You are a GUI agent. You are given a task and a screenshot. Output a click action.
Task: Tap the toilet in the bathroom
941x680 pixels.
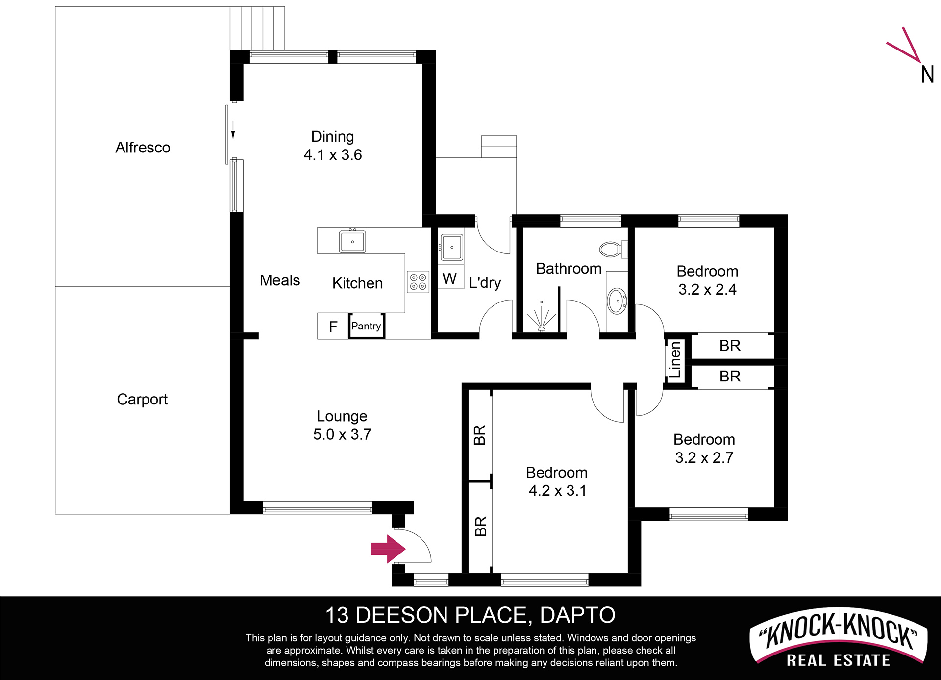coord(613,249)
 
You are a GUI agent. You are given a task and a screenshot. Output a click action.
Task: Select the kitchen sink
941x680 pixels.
coord(352,241)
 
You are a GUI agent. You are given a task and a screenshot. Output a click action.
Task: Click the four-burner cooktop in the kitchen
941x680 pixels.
coord(418,282)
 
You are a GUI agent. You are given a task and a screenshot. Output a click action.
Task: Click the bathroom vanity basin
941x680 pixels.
coord(617,301)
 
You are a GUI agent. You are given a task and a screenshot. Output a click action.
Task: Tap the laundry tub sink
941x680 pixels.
coord(451,247)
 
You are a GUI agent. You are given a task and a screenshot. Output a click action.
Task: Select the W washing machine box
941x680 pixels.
coord(450,278)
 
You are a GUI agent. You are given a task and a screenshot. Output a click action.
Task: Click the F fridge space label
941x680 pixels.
coord(333,327)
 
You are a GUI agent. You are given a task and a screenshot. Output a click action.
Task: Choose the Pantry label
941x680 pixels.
coord(366,326)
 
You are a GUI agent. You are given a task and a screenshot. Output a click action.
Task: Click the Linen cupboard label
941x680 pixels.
coord(675,360)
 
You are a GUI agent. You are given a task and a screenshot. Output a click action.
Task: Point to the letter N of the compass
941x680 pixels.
coord(927,75)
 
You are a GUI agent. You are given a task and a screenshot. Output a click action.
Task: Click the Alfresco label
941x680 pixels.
coord(143,148)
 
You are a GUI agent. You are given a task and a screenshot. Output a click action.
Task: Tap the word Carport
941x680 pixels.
coord(142,400)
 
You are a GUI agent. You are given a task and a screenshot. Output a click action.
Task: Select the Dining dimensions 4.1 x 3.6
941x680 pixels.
coord(333,155)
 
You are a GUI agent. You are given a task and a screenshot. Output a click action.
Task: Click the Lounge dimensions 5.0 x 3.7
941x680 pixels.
coord(342,434)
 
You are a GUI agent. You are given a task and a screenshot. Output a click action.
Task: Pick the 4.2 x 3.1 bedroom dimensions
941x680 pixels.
coord(557,491)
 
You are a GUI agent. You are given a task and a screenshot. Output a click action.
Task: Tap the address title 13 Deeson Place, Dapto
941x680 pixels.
coord(470,615)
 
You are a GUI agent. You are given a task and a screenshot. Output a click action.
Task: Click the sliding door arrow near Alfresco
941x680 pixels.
coord(233,130)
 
